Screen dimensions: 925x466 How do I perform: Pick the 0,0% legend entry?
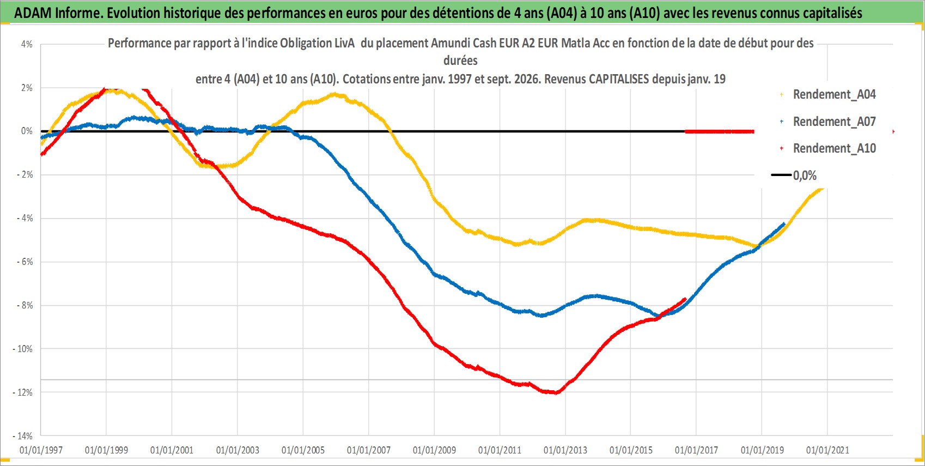[794, 175]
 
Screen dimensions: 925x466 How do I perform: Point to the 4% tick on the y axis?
[27, 44]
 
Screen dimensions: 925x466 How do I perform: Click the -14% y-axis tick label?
[22, 436]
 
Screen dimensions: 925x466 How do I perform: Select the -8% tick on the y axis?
[25, 305]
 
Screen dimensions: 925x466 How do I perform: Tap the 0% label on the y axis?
[27, 131]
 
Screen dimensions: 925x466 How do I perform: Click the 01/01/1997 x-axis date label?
[41, 450]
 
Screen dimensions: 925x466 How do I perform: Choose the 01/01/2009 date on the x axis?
[434, 450]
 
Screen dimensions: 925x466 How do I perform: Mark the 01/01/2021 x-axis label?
[827, 450]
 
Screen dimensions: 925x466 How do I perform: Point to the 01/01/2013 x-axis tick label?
[565, 450]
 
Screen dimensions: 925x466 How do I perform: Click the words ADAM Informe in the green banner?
[57, 13]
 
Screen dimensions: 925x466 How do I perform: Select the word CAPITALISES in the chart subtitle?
[619, 79]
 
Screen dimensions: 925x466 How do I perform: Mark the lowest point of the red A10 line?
[556, 392]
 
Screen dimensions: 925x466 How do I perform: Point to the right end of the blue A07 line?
[784, 224]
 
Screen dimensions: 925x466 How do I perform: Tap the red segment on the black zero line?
[719, 131]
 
